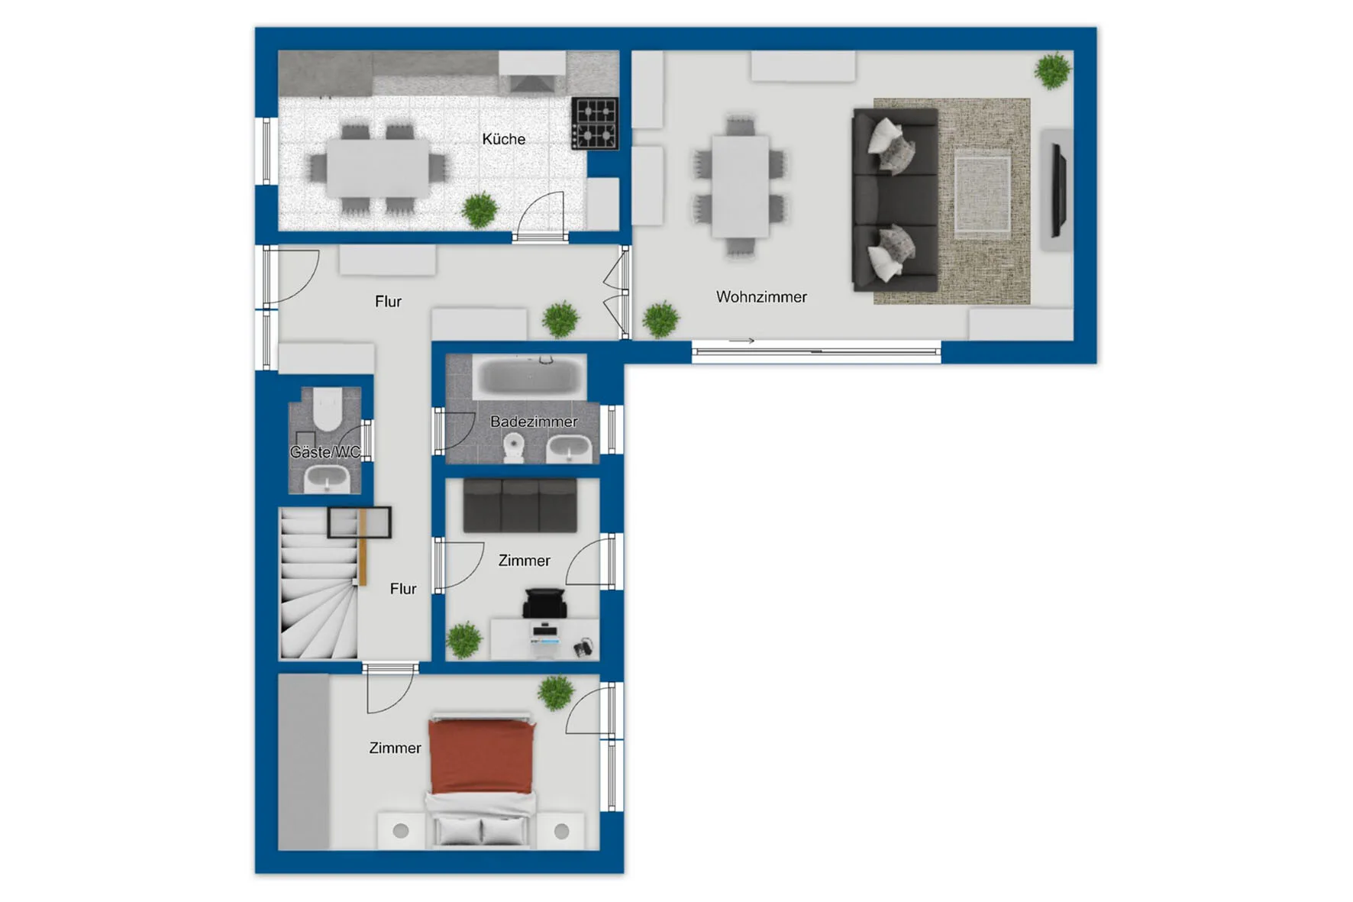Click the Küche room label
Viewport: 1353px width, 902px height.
click(x=503, y=139)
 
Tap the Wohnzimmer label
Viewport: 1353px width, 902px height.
click(x=761, y=297)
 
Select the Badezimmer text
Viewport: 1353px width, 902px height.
click(x=534, y=422)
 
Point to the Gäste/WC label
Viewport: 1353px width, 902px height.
click(x=325, y=452)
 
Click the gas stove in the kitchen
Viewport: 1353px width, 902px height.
click(x=594, y=124)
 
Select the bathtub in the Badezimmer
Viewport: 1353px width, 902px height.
click(x=528, y=377)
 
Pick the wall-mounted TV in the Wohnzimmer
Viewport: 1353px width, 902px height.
click(x=1059, y=189)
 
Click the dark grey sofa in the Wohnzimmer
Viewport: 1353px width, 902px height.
click(x=895, y=199)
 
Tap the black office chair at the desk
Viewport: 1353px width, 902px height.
click(x=544, y=603)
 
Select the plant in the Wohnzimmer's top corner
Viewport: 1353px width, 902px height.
click(x=1053, y=70)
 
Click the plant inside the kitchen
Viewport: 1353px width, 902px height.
click(x=480, y=209)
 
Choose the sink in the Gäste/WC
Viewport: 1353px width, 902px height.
click(x=328, y=480)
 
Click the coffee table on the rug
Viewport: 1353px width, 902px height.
click(x=983, y=194)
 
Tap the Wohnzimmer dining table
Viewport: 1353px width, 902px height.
click(x=740, y=186)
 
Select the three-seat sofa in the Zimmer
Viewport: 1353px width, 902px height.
click(x=520, y=506)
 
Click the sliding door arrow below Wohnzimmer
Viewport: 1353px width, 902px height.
click(x=741, y=341)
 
